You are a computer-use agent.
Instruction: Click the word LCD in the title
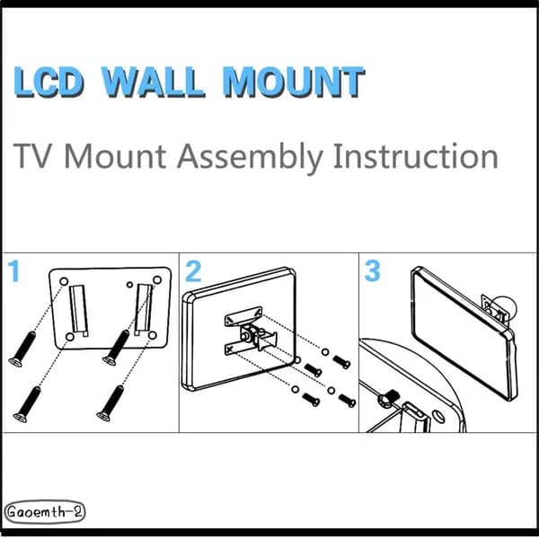pos(49,82)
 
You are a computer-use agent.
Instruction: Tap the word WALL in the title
pos(154,82)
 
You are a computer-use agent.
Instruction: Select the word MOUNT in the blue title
pos(294,82)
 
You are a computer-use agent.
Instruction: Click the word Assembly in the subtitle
pos(250,157)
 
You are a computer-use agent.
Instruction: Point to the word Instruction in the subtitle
pos(415,156)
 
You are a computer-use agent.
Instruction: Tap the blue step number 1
pos(14,271)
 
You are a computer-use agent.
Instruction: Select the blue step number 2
pos(193,271)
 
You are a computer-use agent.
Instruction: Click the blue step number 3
pos(372,271)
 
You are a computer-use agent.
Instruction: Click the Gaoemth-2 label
pos(44,512)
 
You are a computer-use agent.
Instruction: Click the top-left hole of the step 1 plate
pos(64,281)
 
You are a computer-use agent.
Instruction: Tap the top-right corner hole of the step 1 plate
pos(157,280)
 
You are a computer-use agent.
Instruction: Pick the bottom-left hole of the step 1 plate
pos(70,337)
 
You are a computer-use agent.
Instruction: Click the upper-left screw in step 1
pos(22,349)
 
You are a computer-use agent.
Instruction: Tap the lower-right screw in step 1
pos(110,403)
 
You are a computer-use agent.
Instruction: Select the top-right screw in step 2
pos(341,362)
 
